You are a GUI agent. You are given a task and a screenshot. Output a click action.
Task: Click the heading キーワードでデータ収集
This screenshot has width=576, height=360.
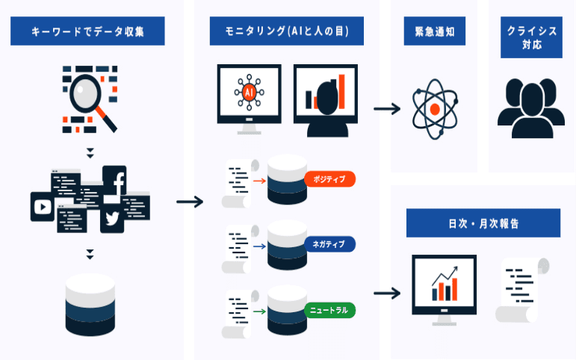click(88, 32)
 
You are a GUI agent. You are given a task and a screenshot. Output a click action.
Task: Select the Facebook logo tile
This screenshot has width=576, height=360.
click(114, 179)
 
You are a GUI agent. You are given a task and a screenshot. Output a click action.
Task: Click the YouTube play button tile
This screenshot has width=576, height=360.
click(42, 206)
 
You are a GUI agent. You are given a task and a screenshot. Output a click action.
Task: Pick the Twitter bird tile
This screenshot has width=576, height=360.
click(113, 218)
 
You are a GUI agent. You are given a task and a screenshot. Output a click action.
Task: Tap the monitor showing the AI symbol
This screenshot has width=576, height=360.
click(249, 96)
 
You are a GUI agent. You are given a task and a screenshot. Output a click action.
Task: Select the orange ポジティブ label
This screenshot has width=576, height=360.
click(329, 179)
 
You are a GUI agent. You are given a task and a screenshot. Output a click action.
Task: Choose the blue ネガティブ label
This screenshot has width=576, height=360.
click(329, 244)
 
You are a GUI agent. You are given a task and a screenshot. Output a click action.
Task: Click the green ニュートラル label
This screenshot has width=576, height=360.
click(329, 308)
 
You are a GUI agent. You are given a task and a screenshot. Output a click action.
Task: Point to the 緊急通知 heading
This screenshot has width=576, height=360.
click(434, 32)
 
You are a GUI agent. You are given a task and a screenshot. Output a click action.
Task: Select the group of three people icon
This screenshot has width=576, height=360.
click(530, 108)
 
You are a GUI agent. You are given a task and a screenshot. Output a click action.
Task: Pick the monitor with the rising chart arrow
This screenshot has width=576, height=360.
click(445, 288)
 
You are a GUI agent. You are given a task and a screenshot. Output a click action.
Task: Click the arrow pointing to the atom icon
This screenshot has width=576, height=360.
click(386, 109)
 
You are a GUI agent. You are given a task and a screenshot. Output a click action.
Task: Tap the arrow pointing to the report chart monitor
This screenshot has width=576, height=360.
click(386, 292)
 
